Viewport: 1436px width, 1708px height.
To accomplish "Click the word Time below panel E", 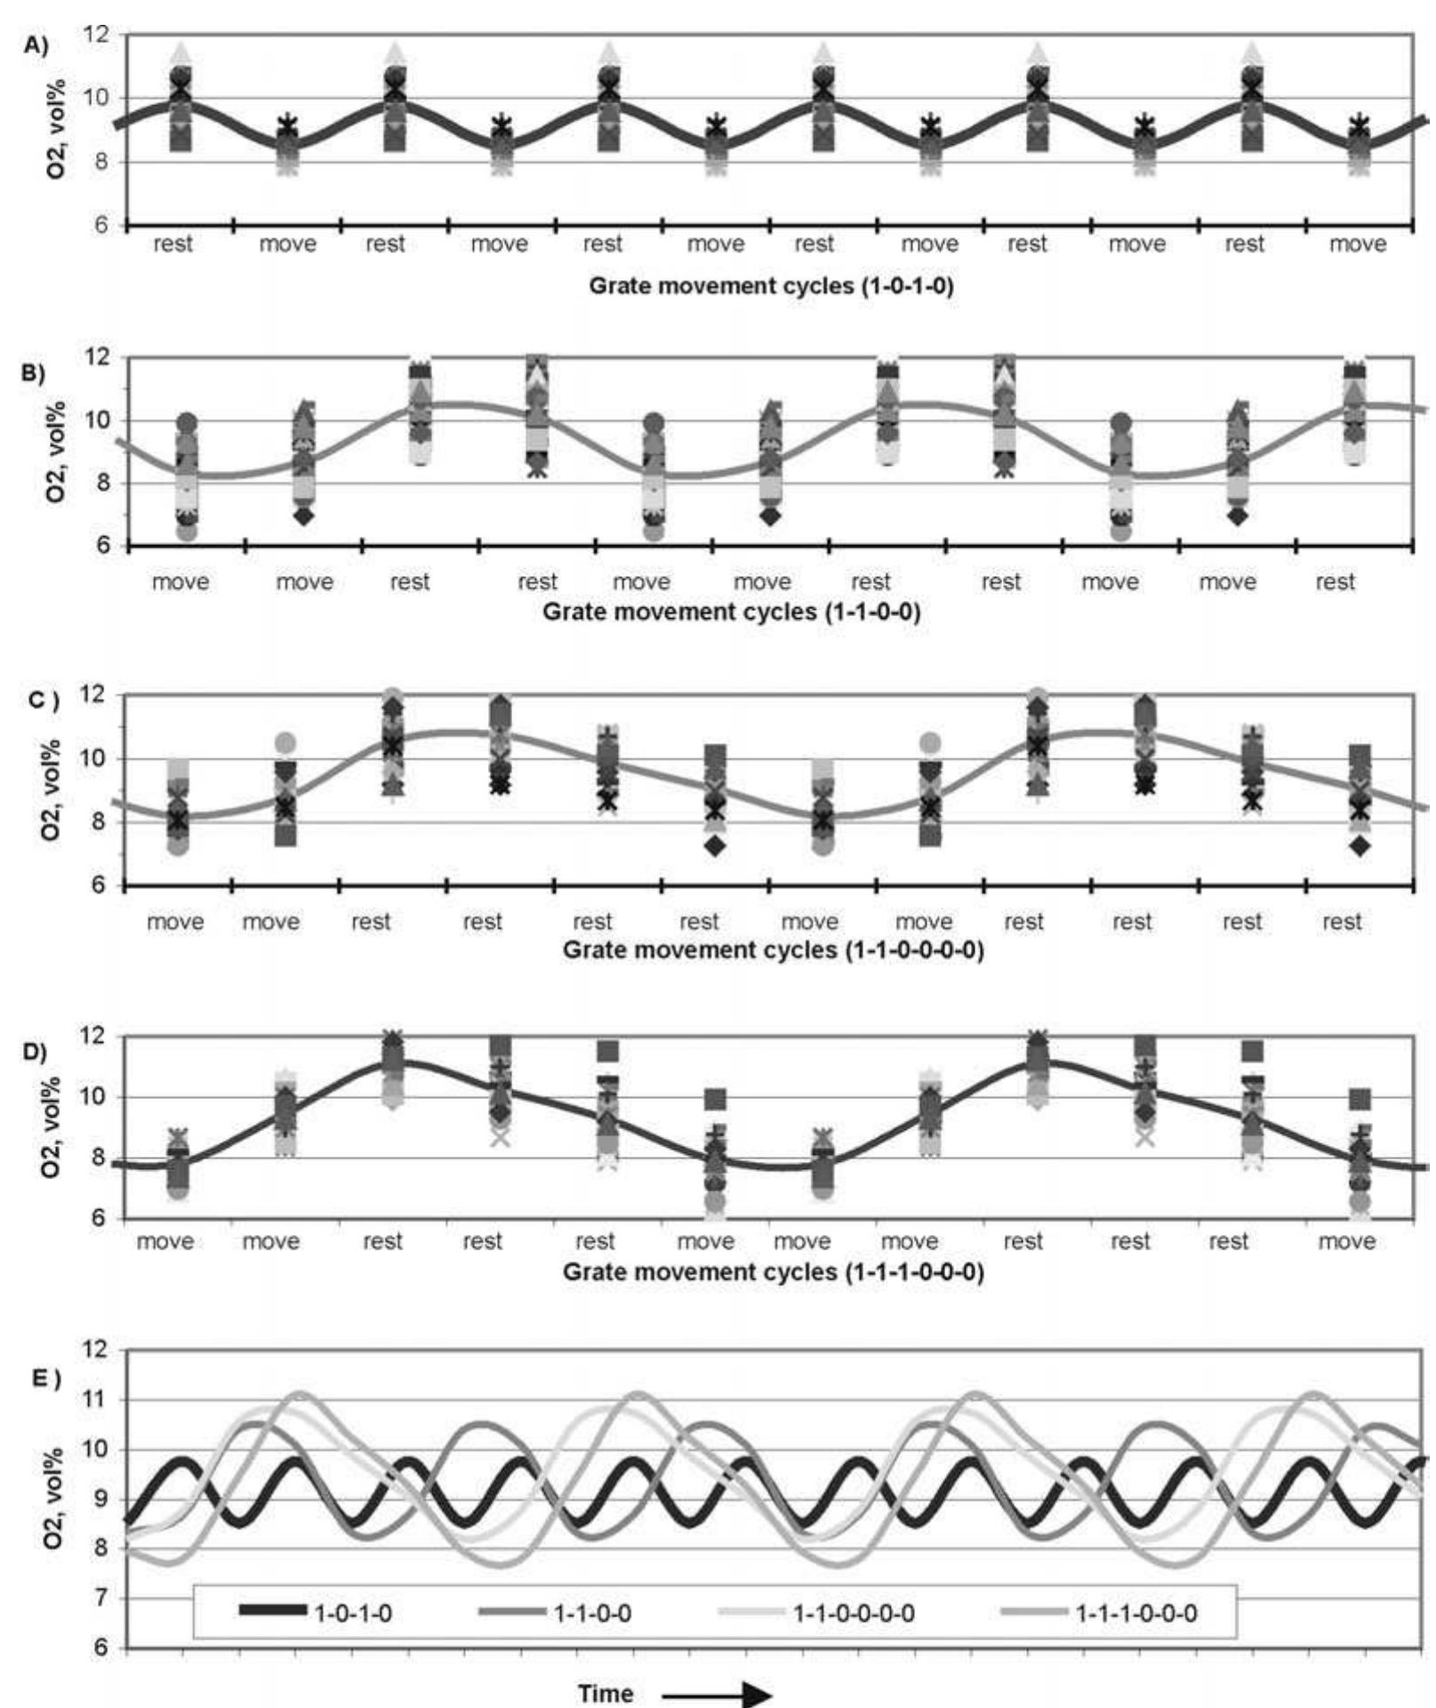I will [x=606, y=1694].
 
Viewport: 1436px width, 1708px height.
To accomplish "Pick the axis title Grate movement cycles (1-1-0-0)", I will [x=731, y=612].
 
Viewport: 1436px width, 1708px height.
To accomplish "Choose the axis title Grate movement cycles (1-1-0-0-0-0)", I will [x=773, y=950].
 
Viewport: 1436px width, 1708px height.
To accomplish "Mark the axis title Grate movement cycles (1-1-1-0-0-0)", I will [x=773, y=1271].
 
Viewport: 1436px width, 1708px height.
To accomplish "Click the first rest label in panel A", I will [x=172, y=244].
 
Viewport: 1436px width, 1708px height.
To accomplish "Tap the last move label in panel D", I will [x=1347, y=1240].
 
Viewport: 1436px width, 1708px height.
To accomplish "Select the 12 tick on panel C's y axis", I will [x=105, y=694].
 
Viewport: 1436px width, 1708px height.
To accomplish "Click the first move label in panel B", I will [x=181, y=581].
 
